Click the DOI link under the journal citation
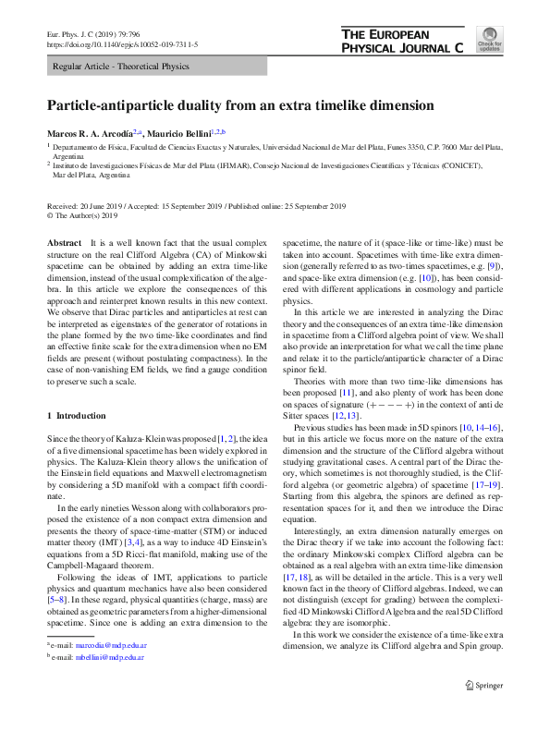click(x=121, y=43)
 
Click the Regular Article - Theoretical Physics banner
click(x=121, y=67)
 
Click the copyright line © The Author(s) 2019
click(x=86, y=216)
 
